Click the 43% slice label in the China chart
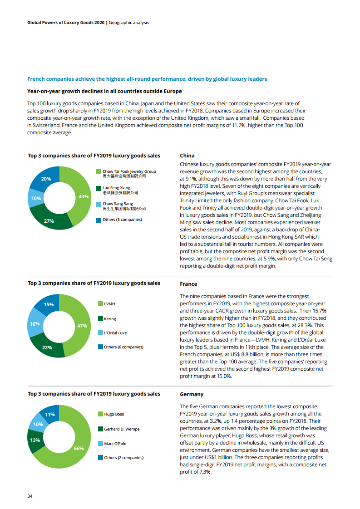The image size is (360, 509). point(84,196)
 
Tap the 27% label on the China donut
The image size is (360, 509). point(49,221)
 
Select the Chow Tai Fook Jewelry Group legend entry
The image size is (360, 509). point(129,171)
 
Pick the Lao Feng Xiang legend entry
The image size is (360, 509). point(117,188)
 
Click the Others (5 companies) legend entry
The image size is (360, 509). point(122,220)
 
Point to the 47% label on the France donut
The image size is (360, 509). point(82,326)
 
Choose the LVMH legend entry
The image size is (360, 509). point(110,303)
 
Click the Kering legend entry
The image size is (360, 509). point(110,319)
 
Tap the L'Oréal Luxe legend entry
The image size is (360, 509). point(115,333)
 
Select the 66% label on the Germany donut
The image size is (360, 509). point(79,448)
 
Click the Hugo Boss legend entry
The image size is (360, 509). point(113,414)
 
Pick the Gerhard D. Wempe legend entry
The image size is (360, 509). point(122,429)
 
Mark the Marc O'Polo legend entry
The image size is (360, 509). point(115,443)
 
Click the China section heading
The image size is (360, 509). point(187,156)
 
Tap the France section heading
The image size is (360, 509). point(188,284)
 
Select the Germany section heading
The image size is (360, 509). point(192,394)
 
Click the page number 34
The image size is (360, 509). point(30,496)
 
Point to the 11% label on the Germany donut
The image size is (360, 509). point(50,414)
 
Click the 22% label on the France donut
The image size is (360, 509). point(47,347)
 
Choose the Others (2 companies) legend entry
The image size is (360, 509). point(123,458)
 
